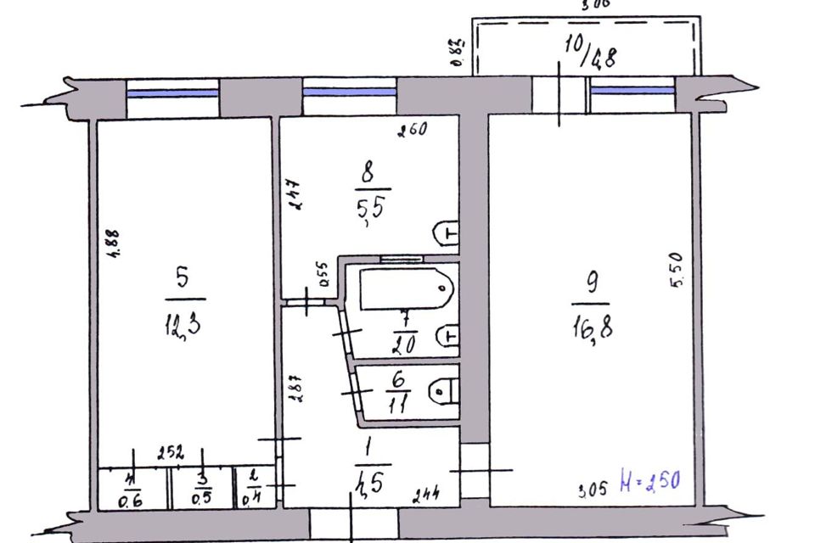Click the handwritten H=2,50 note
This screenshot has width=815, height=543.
click(x=649, y=486)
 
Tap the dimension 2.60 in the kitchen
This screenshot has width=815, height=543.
click(x=413, y=130)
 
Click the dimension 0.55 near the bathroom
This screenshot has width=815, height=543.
click(x=323, y=278)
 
